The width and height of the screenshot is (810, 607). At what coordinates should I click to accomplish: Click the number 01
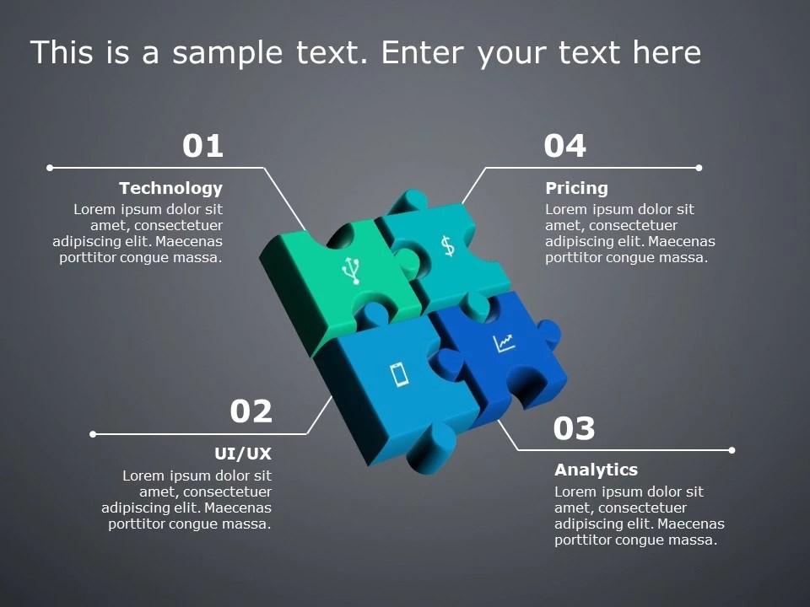[x=202, y=147]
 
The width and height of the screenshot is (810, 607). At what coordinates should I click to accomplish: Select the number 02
[x=251, y=412]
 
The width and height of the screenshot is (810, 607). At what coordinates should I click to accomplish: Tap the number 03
[x=574, y=429]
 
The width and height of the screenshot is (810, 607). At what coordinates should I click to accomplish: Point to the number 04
[x=564, y=147]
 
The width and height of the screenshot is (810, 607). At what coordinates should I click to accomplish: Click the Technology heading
[x=170, y=188]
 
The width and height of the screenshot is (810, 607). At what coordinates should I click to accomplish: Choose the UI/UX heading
[x=243, y=454]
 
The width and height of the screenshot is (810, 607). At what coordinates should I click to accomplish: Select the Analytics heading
[x=596, y=470]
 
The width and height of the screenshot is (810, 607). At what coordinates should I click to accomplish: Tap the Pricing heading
[x=576, y=188]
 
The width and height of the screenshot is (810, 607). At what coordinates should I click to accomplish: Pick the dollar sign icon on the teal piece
[x=447, y=245]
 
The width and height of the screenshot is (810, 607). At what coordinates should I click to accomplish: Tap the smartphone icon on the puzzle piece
[x=400, y=373]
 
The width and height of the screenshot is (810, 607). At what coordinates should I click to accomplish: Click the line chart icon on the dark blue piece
[x=504, y=343]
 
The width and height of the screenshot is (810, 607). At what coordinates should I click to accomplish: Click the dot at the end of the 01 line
[x=50, y=168]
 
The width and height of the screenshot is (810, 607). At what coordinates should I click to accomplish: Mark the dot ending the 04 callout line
[x=699, y=168]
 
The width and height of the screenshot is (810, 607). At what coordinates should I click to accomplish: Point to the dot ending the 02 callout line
[x=93, y=434]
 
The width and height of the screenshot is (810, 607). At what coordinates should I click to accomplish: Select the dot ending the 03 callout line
[x=732, y=450]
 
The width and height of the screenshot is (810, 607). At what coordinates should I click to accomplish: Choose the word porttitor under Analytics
[x=586, y=540]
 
